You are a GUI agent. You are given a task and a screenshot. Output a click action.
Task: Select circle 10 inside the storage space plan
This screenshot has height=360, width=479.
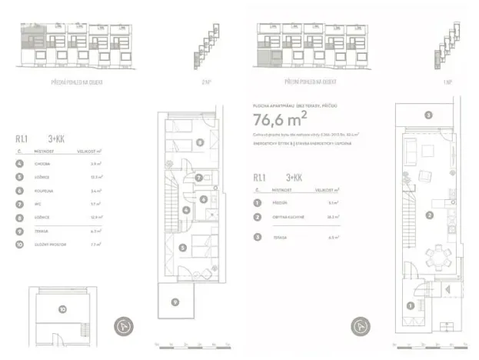[x=62, y=309]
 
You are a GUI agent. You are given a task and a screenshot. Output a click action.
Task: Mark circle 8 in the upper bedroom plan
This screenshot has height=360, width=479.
[x=199, y=142]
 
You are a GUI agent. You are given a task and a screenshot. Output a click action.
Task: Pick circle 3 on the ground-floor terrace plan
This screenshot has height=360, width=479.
[x=427, y=115]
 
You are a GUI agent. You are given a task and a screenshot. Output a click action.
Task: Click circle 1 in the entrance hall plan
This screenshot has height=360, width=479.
[x=411, y=306]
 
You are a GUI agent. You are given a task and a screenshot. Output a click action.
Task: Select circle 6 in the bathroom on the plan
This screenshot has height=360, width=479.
[x=204, y=199]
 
